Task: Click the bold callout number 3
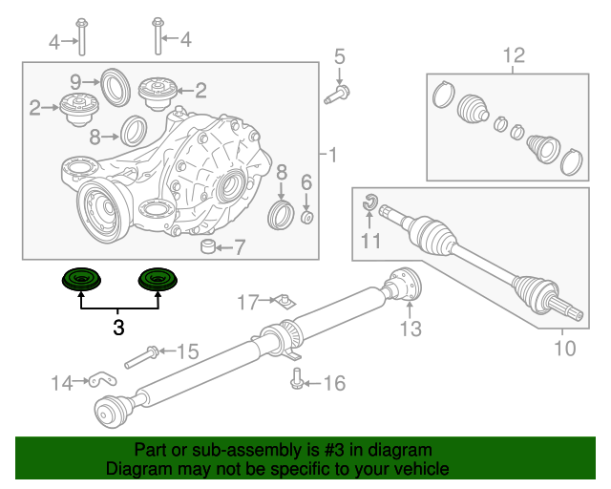coord(118,328)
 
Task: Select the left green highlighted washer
coord(81,280)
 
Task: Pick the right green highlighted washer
coord(158,280)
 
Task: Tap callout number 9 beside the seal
coord(75,82)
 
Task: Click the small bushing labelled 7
coord(208,244)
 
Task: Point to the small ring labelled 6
coord(307,217)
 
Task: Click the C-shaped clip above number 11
coord(369,202)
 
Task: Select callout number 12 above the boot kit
coord(514,55)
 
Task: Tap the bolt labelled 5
coord(337,96)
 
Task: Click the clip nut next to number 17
coord(284,302)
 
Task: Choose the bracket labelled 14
coord(102,380)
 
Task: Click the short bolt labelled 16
coord(297,378)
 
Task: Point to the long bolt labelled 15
coord(140,356)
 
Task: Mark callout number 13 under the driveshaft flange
coord(411,329)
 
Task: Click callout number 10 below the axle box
coord(564,349)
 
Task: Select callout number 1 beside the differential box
coord(332,155)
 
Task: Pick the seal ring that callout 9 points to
coord(116,87)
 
